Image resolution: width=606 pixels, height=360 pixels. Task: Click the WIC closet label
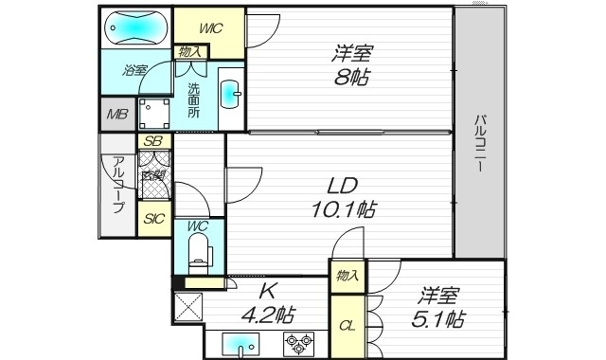tap(209, 27)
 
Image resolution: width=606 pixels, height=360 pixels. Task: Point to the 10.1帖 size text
tap(342, 208)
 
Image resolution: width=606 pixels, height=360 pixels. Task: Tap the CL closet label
tap(348, 327)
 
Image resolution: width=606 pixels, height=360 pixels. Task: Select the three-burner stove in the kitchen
tap(299, 343)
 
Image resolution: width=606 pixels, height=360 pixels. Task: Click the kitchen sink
tap(241, 344)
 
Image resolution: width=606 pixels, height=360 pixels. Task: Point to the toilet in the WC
tap(198, 250)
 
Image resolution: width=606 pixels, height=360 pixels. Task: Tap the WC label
tap(198, 225)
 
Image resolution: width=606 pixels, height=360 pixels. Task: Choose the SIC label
tap(152, 219)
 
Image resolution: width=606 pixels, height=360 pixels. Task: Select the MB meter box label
tap(116, 115)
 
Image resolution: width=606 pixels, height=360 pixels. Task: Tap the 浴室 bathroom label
tap(134, 70)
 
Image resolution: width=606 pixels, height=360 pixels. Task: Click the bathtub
tap(134, 27)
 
